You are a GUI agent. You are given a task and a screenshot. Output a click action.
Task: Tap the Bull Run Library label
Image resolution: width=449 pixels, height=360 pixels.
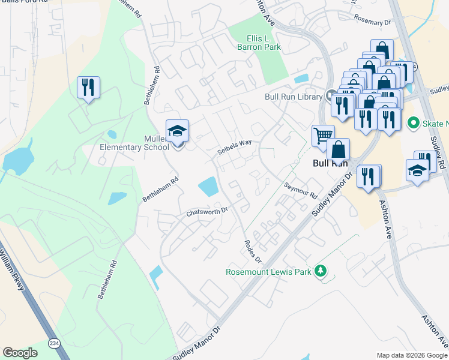click(294, 97)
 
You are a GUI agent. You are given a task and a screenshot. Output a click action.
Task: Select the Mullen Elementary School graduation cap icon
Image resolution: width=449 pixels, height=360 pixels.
click(178, 131)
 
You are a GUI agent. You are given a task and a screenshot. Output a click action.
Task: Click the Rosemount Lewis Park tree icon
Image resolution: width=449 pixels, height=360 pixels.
click(321, 271)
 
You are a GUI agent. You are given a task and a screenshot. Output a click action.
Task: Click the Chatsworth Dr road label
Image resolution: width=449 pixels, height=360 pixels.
click(208, 212)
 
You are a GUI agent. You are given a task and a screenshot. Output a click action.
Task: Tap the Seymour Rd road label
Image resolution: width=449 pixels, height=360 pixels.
click(301, 190)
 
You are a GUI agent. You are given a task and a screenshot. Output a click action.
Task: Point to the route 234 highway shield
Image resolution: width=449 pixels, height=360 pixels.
click(54, 343)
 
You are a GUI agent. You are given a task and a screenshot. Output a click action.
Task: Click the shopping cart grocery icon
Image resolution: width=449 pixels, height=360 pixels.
click(323, 136)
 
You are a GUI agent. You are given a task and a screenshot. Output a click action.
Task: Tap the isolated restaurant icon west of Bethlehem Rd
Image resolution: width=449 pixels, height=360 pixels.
click(88, 87)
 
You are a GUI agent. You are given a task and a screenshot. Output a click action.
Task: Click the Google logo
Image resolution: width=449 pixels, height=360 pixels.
click(20, 353)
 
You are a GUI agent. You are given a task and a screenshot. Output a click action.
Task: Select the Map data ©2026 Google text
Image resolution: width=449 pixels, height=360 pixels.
click(412, 355)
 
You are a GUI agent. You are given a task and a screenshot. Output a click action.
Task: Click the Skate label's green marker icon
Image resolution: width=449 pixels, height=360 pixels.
click(413, 124)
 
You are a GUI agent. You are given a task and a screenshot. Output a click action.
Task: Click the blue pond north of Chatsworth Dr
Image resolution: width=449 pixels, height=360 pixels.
click(208, 187)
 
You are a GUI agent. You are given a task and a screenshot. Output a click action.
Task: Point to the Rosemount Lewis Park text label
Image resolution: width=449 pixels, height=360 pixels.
click(268, 272)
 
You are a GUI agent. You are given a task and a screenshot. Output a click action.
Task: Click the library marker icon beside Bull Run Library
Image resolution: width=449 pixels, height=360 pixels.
click(331, 95)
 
